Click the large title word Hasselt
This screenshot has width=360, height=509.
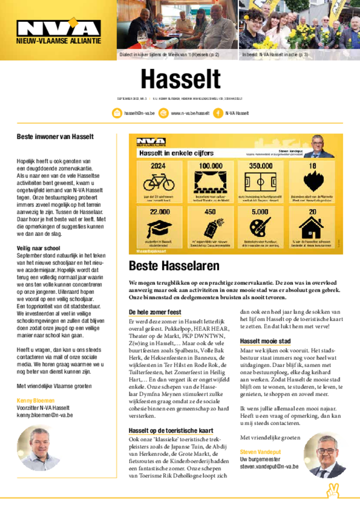[x=180, y=80]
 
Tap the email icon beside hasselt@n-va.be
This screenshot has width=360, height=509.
[x=117, y=113]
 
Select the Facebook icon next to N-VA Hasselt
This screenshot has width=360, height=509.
[x=218, y=113]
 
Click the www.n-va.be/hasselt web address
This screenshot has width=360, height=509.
[x=190, y=113]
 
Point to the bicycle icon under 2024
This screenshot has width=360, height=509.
[x=159, y=182]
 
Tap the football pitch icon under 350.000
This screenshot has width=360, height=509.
[x=261, y=182]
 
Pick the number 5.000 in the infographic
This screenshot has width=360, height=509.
[x=260, y=211]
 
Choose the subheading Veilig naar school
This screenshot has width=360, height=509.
[x=38, y=248]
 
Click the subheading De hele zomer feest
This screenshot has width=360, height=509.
[x=155, y=312]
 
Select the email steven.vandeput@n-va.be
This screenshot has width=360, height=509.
[x=269, y=467]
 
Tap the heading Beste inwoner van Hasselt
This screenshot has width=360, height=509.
[x=55, y=136]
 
